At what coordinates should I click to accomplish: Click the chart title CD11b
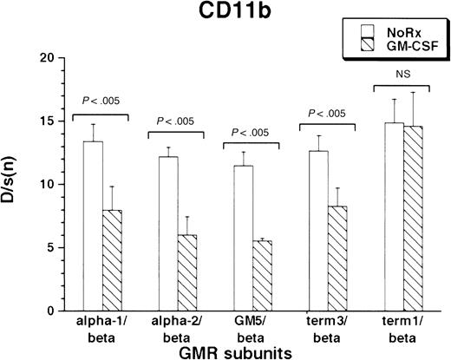click(226, 15)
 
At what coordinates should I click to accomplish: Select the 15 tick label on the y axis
click(39, 121)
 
